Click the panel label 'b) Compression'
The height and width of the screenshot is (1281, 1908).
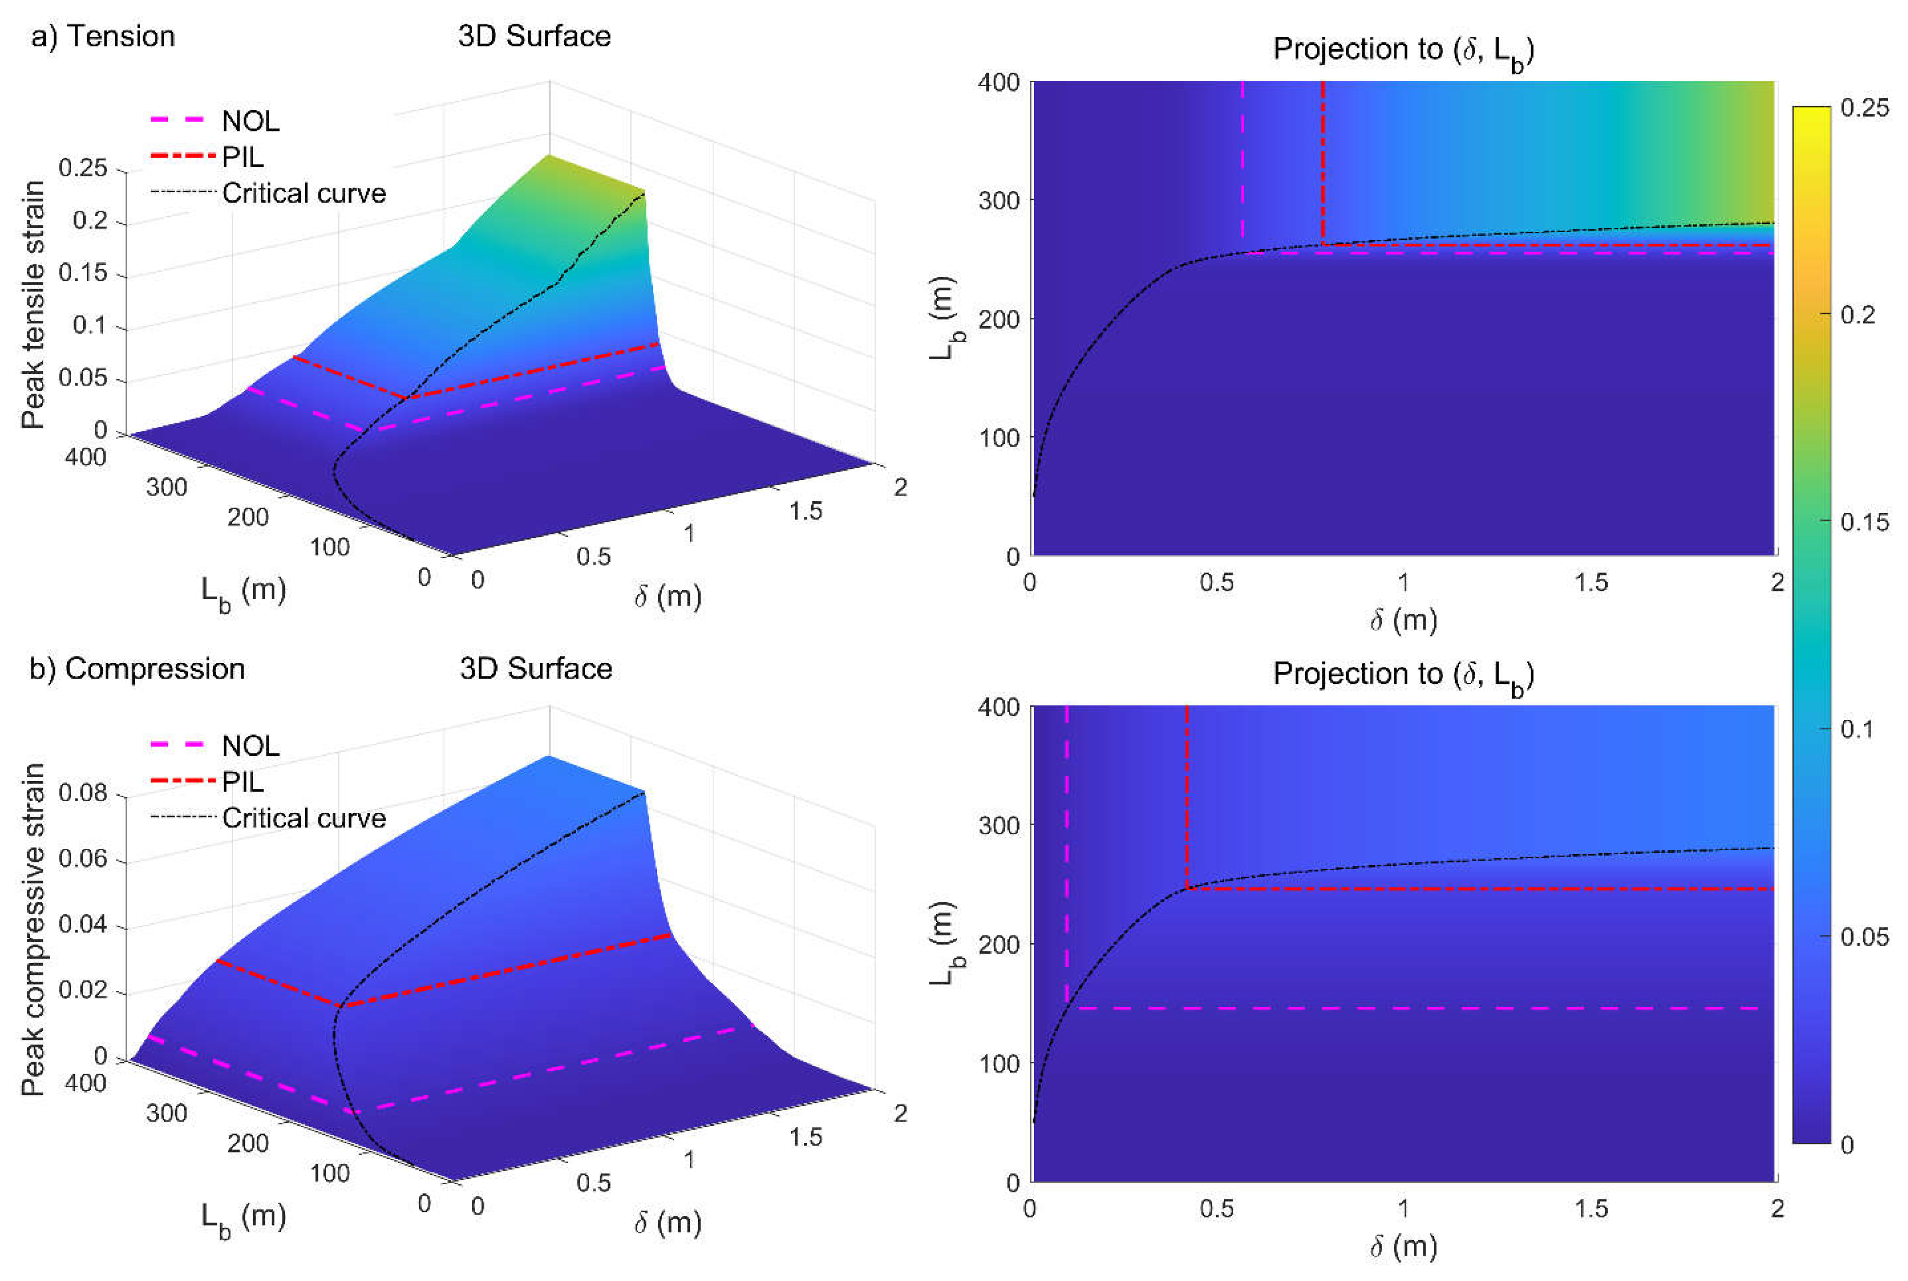[x=137, y=669]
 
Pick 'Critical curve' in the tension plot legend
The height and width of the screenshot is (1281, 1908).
[x=303, y=194]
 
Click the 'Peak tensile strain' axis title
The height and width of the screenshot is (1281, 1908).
[x=33, y=305]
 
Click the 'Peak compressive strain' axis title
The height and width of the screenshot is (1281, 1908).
[x=33, y=929]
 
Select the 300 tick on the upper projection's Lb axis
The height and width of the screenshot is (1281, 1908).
[x=999, y=200]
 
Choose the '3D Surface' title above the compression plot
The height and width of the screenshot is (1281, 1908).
[x=535, y=669]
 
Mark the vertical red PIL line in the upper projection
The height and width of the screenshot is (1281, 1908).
[x=1322, y=155]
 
